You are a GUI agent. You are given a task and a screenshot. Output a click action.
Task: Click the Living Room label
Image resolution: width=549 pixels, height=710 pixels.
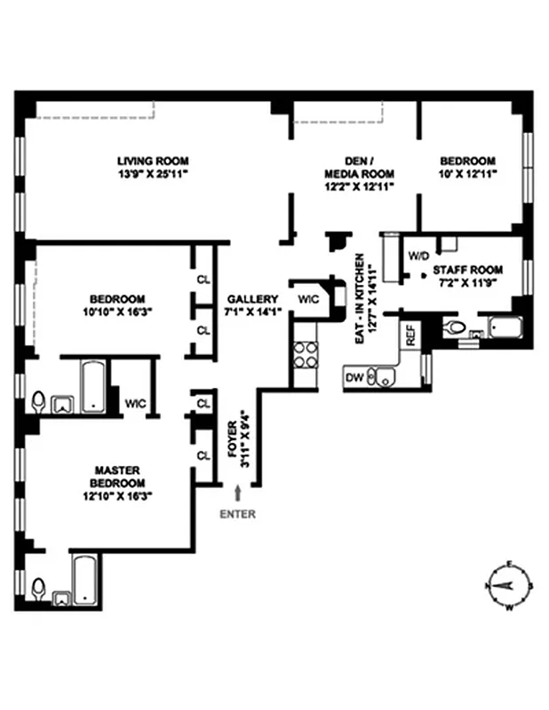[x=153, y=161]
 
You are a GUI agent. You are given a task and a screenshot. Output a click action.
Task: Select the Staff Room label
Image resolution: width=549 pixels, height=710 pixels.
[x=467, y=270]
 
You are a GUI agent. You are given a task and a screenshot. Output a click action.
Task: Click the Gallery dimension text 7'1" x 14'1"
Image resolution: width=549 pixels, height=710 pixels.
[x=252, y=311]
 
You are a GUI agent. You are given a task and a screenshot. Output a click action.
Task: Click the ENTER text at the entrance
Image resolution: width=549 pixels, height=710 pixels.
[x=238, y=514]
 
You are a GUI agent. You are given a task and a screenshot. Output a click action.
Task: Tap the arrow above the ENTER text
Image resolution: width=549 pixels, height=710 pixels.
[x=238, y=492]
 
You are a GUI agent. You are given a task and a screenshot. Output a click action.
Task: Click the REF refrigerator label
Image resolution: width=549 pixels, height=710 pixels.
[x=410, y=335]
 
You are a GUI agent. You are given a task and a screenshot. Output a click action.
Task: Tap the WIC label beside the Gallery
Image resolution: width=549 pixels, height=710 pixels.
[x=308, y=298]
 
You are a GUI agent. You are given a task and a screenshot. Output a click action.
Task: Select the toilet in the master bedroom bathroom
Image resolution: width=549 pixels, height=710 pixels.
[x=38, y=588]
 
